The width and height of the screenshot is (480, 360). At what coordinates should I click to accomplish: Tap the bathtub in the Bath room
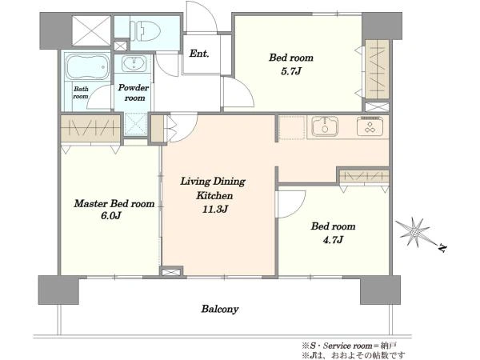(87, 66)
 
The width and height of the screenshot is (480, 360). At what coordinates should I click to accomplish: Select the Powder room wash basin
(134, 63)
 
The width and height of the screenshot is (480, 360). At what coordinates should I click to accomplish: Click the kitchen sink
(325, 126)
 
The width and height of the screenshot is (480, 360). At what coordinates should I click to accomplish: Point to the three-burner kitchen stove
(370, 126)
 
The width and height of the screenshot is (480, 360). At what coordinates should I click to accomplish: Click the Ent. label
(199, 54)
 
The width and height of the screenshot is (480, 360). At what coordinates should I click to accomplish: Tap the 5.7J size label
(291, 71)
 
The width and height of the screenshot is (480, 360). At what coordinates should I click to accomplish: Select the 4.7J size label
(333, 240)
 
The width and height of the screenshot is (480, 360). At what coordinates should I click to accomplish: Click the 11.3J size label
(214, 210)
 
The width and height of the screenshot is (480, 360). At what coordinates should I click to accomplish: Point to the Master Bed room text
(114, 203)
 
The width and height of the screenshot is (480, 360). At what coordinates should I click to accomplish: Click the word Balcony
(220, 309)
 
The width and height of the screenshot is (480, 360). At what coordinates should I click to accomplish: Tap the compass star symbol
(414, 232)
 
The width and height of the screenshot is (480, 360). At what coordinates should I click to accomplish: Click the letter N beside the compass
(442, 248)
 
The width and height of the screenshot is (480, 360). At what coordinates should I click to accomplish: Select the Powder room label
(134, 93)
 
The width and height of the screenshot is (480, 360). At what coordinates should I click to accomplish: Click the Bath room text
(81, 93)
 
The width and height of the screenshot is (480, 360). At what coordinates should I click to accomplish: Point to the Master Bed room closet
(90, 128)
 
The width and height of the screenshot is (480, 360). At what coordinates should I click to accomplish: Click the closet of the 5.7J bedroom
(378, 70)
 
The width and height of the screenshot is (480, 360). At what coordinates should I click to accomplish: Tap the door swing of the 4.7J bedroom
(291, 204)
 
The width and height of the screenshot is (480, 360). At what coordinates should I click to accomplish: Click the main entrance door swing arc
(202, 17)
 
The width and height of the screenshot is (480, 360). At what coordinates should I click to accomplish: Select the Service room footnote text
(350, 346)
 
